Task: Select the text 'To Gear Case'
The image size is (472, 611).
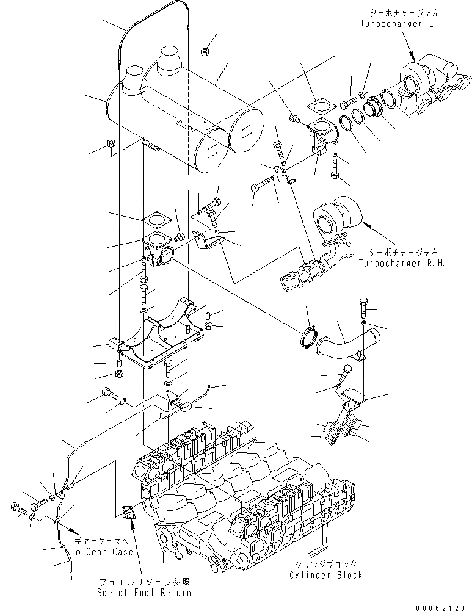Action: pyautogui.click(x=101, y=552)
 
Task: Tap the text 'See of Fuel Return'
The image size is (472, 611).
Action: pyautogui.click(x=143, y=591)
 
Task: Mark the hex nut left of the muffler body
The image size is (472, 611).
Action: pyautogui.click(x=111, y=145)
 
